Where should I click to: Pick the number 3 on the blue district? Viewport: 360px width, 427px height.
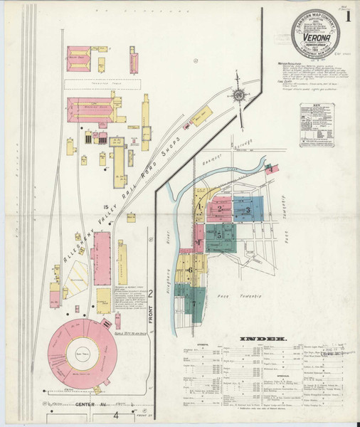pos(247,210)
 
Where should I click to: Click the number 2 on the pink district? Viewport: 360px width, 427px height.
pos(221,209)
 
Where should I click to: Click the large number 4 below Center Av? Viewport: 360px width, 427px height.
pos(115,418)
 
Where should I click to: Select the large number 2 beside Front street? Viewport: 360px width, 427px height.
pos(151,293)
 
